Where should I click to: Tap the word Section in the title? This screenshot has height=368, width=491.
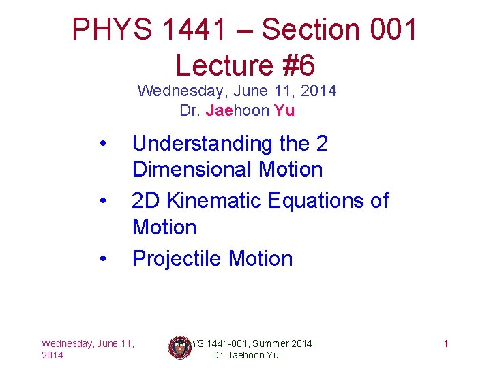(x=313, y=30)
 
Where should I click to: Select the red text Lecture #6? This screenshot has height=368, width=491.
(x=245, y=65)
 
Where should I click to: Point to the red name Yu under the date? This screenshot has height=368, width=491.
(x=284, y=111)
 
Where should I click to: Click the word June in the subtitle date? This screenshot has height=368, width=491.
(x=243, y=91)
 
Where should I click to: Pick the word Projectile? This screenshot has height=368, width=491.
(x=177, y=259)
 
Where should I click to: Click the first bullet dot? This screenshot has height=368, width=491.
(x=102, y=144)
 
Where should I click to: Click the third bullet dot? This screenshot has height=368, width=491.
(x=102, y=259)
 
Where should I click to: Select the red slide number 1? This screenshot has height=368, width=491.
(x=445, y=343)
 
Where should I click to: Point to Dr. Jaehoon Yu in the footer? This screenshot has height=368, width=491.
(x=245, y=355)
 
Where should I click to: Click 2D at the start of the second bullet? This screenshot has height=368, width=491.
(x=145, y=201)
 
